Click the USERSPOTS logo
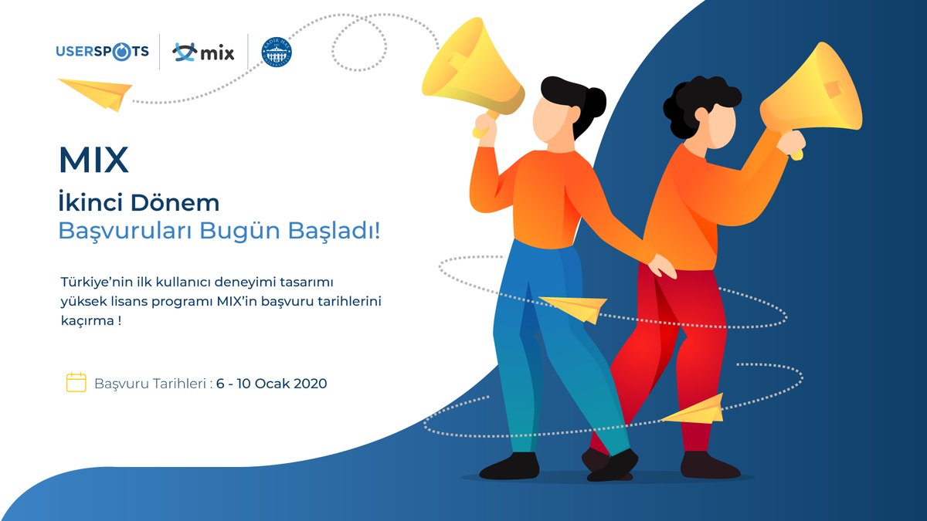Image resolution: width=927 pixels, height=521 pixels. [x=102, y=52]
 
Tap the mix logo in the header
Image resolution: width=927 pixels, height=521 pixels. [x=203, y=52]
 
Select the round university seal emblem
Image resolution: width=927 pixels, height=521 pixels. [x=277, y=52]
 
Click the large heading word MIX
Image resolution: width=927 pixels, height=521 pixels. [x=93, y=160]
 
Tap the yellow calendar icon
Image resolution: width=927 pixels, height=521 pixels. [x=76, y=383]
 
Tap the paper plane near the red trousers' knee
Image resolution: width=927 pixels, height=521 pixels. [x=696, y=409]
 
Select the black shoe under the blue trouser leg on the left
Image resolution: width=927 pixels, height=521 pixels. [x=509, y=465]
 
